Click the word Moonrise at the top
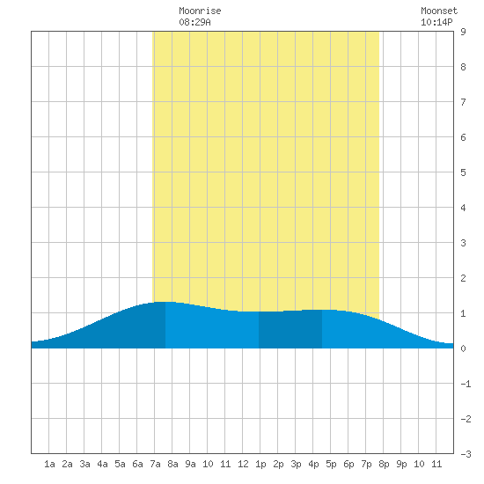pos(200,11)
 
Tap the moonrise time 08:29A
pos(194,22)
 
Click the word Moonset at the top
pos(439,11)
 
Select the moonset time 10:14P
pos(436,22)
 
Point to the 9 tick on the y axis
pos(463,32)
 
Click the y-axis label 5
pos(463,172)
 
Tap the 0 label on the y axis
pos(463,348)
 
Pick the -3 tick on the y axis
pos(466,454)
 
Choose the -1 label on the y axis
pos(466,384)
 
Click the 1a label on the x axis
pos(49,464)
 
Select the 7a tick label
pos(155,464)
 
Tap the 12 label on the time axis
pos(243,464)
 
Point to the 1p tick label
pos(260,464)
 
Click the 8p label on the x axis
pos(384,464)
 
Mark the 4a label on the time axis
pos(102,464)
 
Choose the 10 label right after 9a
pos(208,464)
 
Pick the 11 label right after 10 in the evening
pos(436,464)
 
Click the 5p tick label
pos(331,464)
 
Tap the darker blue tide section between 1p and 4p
pos(290,330)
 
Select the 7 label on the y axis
pos(463,102)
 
